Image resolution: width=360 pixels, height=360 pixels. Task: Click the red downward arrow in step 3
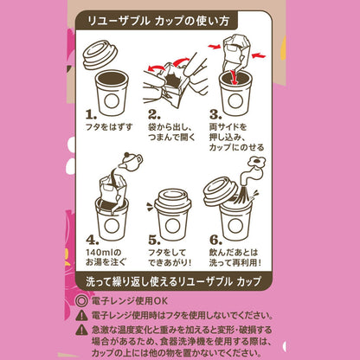pos(235,77)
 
